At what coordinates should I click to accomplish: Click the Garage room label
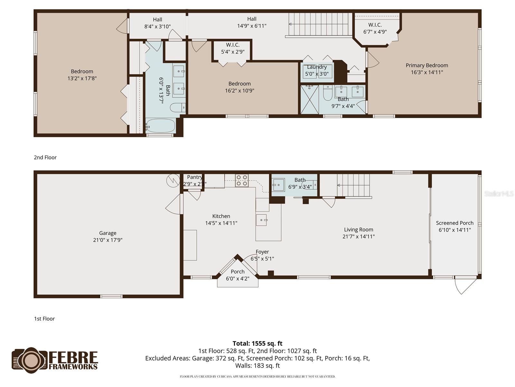[x=108, y=233]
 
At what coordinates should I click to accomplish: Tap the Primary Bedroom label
[x=427, y=65]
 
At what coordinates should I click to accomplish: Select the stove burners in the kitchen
[x=242, y=180]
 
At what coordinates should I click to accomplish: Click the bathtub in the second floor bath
[x=160, y=126]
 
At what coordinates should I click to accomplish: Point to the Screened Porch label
[x=454, y=223]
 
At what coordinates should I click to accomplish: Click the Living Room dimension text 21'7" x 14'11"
[x=359, y=236]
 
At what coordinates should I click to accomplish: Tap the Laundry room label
[x=317, y=67]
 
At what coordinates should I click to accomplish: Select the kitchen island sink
[x=261, y=220]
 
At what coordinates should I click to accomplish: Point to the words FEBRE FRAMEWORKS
[x=73, y=360]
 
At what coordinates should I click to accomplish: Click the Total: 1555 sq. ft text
[x=257, y=343]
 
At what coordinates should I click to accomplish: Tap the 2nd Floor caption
[x=45, y=157]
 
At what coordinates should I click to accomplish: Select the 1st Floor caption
[x=44, y=319]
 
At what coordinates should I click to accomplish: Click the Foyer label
[x=262, y=252]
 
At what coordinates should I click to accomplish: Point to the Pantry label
[x=194, y=177]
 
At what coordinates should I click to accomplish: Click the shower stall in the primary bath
[x=309, y=99]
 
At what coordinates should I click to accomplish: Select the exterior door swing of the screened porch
[x=465, y=285]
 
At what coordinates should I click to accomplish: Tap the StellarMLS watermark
[x=499, y=193]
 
